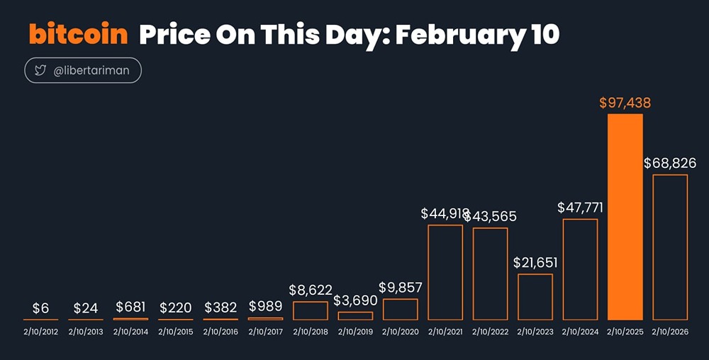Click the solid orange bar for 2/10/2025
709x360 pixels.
[x=625, y=216]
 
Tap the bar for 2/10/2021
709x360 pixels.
[x=445, y=272]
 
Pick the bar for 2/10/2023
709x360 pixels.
[x=535, y=296]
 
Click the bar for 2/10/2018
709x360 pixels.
[x=311, y=310]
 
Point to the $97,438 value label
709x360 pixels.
[x=625, y=103]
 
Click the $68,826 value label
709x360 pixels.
[x=670, y=163]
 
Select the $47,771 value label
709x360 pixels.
[x=580, y=208]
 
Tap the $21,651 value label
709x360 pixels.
[x=535, y=262]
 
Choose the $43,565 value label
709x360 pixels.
[x=491, y=216]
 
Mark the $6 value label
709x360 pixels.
[x=40, y=308]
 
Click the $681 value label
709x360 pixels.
[x=130, y=307]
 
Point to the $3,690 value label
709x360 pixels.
[x=355, y=300]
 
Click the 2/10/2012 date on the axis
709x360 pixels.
[x=40, y=332]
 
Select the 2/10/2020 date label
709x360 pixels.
[x=401, y=332]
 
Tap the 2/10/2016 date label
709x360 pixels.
[x=220, y=332]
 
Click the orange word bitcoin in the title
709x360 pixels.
[x=78, y=34]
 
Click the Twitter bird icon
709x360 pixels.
[x=40, y=71]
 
